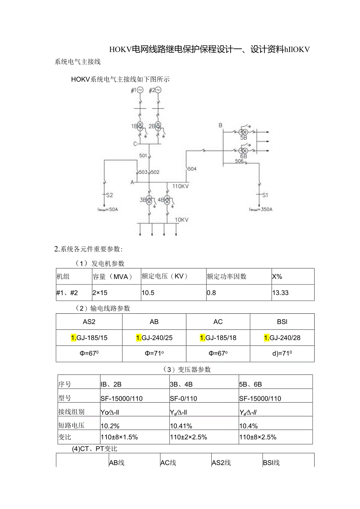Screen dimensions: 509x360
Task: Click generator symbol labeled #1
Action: (140, 90)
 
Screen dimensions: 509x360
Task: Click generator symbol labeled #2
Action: (158, 90)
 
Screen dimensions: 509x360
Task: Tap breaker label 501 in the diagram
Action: (143, 156)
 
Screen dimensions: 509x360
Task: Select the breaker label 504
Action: (192, 169)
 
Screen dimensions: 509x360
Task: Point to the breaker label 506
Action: (239, 161)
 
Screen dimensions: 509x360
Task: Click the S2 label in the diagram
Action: (109, 195)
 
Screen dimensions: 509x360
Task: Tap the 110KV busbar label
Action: (180, 186)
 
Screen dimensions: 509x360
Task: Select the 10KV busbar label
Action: (182, 220)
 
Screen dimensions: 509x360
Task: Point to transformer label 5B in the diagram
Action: (243, 138)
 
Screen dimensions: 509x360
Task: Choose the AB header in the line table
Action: (154, 322)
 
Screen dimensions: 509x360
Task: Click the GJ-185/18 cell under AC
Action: (218, 338)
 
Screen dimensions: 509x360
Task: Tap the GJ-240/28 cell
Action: (282, 338)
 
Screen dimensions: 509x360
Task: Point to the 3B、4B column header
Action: (181, 384)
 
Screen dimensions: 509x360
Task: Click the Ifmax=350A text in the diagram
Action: (261, 209)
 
